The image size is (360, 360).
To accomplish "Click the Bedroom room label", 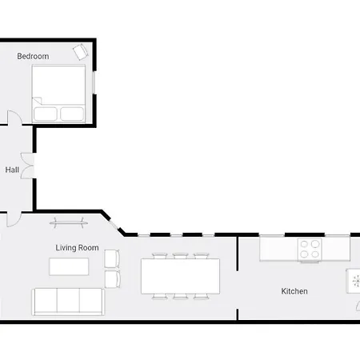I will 33,56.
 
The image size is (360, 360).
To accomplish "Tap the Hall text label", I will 12,170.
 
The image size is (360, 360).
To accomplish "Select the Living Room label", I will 77,248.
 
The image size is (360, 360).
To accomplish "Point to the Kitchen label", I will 294,291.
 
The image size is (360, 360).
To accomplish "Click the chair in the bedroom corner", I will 80,52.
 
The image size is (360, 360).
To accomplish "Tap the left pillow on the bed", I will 45,113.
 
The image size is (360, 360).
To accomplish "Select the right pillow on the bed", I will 72,113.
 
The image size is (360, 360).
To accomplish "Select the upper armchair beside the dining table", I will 111,259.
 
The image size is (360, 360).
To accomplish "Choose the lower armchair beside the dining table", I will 111,278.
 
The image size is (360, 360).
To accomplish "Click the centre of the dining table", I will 180,276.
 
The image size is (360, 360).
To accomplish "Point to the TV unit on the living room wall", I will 68,222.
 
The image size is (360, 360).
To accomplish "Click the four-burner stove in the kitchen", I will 310,249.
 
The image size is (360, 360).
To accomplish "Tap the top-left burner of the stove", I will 305,244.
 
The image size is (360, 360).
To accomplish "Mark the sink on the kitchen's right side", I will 354,282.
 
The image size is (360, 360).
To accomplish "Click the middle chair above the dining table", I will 179,255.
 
